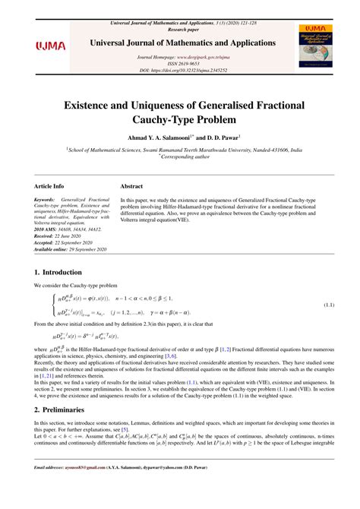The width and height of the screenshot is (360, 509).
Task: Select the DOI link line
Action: [179, 69]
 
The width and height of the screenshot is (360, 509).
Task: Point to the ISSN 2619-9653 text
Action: [179, 63]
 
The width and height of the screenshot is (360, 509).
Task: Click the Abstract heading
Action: [131, 185]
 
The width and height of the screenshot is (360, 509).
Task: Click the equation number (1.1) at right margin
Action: [328, 305]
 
